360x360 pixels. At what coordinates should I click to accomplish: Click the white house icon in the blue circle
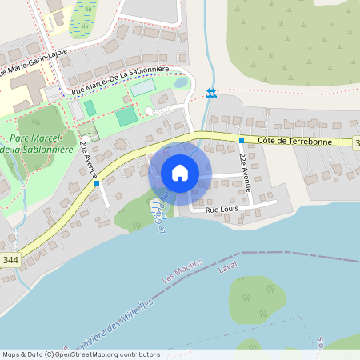180,173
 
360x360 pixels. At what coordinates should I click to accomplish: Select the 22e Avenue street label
245,170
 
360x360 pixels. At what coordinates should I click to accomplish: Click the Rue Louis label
222,210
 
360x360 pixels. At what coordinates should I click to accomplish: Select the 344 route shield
10,260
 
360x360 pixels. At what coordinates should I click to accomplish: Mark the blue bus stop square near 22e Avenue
242,141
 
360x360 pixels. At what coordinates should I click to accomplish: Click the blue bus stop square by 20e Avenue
97,183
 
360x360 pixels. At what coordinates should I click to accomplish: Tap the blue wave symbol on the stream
210,93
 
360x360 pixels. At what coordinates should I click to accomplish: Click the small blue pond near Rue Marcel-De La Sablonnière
180,82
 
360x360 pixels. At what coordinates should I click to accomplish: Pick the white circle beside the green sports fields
148,110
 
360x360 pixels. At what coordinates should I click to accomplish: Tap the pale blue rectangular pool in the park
141,89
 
